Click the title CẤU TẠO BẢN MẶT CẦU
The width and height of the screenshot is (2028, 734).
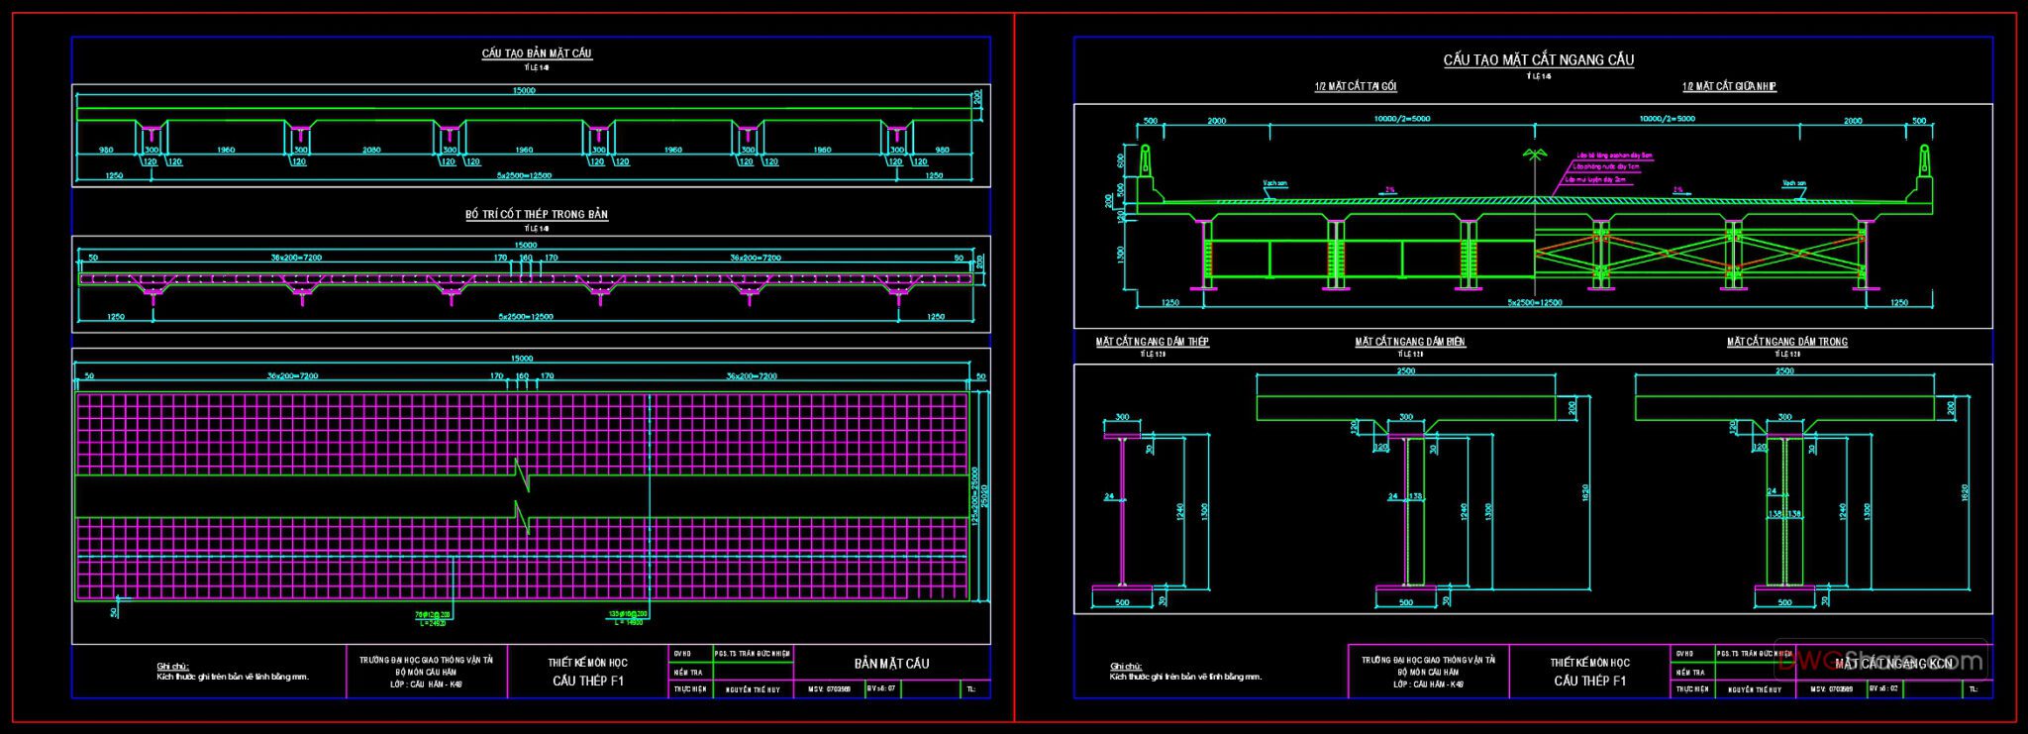(537, 53)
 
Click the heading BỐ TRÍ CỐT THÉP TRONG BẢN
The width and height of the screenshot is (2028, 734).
(537, 214)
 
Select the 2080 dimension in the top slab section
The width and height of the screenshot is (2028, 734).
(372, 151)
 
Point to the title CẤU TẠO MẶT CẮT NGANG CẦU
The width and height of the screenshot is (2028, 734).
(1538, 60)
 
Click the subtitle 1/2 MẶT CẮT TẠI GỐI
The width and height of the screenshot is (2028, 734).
(1356, 87)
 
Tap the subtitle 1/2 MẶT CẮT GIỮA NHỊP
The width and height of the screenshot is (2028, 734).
(1729, 87)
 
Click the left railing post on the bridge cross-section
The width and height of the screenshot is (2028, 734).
(1146, 159)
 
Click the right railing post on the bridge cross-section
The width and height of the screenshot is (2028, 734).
(1924, 159)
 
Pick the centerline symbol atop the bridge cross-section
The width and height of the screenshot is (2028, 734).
(1535, 156)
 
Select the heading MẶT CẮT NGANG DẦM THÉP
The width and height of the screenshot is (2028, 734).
(1152, 342)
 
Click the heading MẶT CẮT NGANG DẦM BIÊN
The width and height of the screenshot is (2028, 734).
(1410, 342)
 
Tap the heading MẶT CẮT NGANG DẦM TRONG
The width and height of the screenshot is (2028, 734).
(1787, 342)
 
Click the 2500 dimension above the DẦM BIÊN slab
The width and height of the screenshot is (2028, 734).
(1406, 371)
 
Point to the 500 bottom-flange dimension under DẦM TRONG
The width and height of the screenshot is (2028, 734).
(1784, 602)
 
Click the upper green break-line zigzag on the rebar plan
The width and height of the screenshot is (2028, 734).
(521, 474)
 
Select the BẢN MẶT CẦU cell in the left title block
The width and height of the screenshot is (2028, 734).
(891, 664)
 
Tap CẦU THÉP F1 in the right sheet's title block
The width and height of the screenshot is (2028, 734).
(1589, 681)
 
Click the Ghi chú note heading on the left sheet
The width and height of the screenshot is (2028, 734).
(172, 667)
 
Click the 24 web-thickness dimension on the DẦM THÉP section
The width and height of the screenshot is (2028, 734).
(1109, 496)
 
